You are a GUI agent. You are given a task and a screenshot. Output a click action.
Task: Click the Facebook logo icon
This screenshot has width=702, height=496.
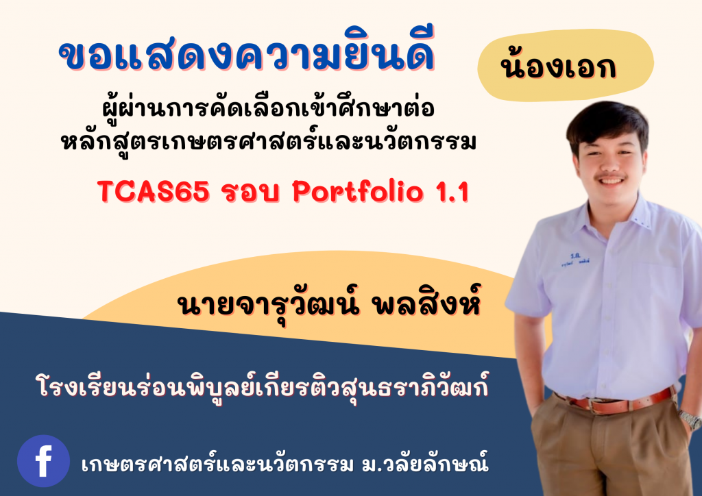pos(43,461)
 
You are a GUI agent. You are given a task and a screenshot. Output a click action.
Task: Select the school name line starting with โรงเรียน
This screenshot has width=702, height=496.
pos(264,388)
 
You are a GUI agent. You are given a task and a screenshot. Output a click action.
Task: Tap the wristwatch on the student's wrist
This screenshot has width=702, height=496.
pos(689,419)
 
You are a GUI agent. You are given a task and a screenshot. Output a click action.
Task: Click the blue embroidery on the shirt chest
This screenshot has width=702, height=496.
pos(574,256)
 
